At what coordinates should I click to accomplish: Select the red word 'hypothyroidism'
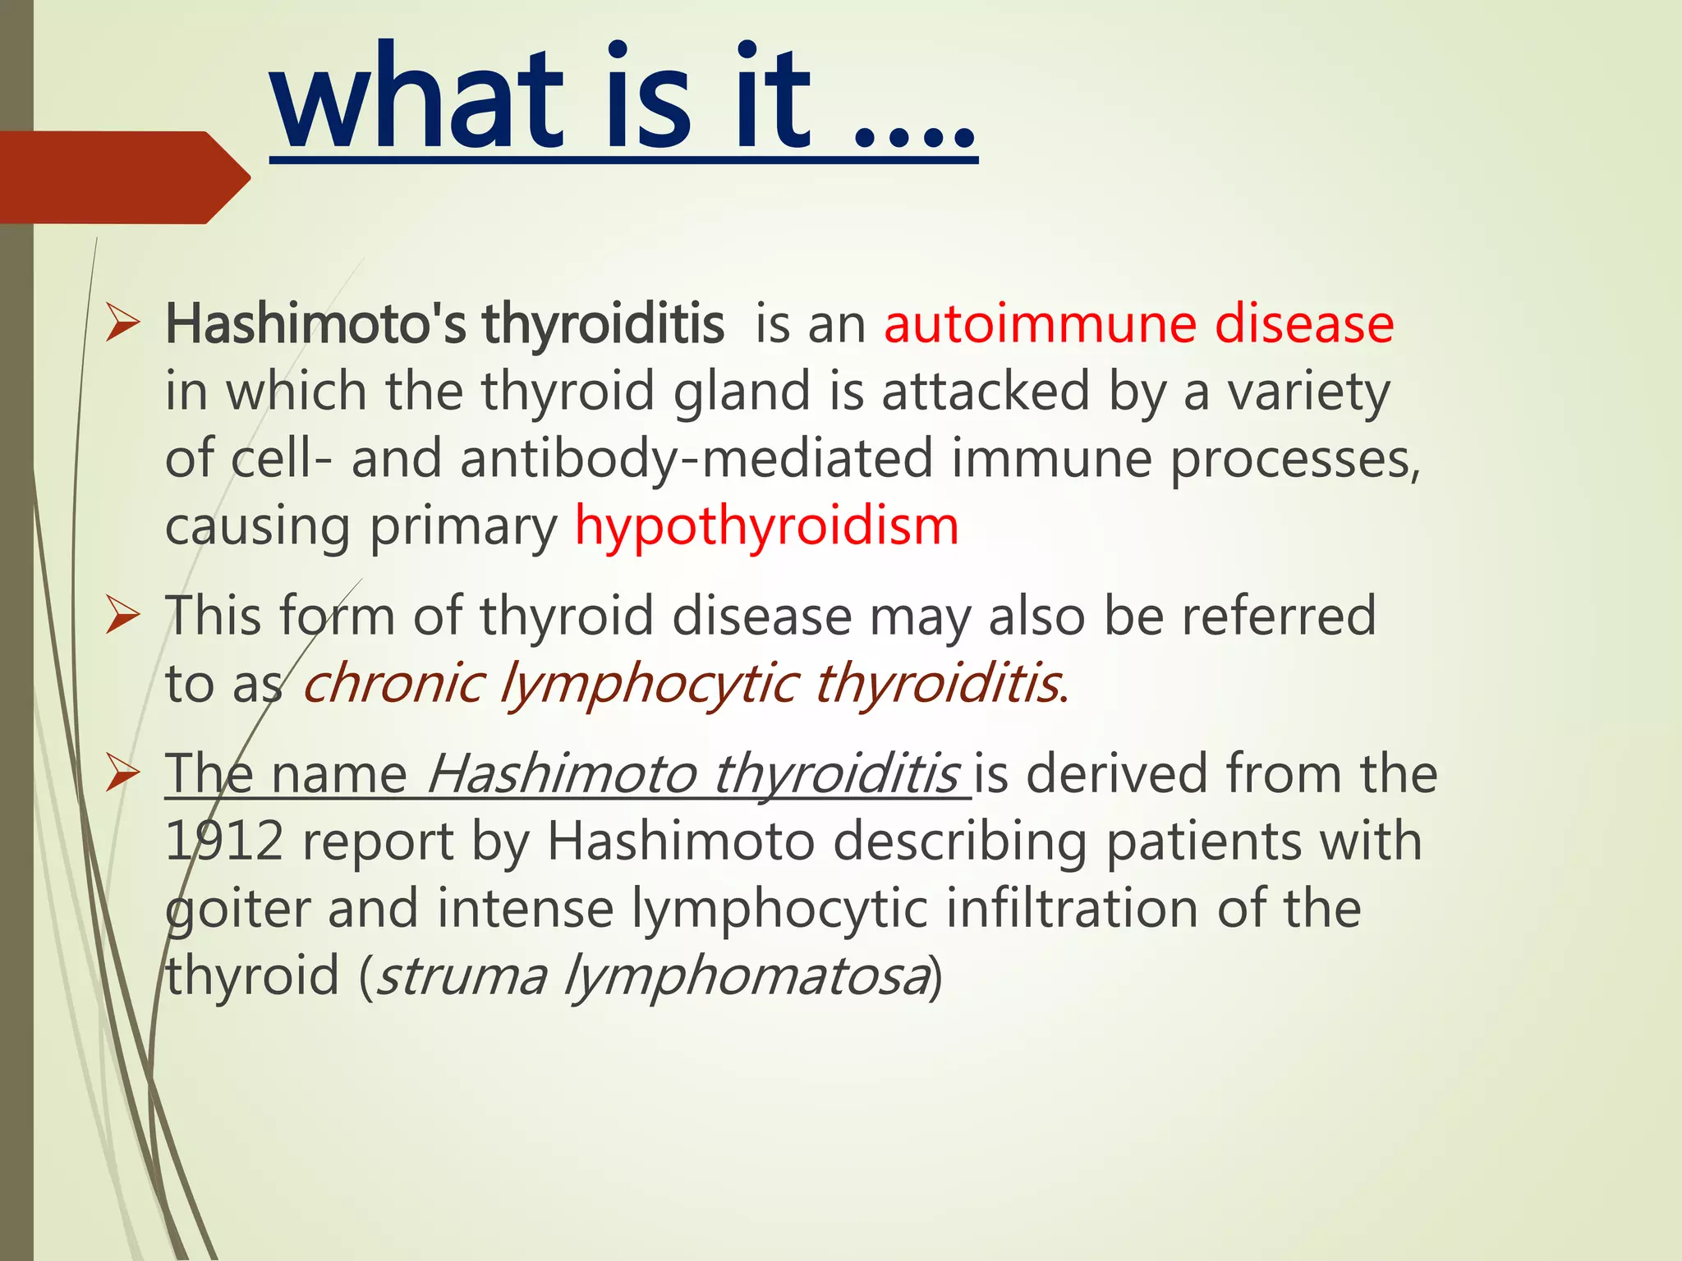[x=766, y=525]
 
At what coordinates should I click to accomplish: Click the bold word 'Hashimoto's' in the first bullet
[x=315, y=323]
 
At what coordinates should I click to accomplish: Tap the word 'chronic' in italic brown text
[x=393, y=683]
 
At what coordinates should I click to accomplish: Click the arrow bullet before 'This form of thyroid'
[x=123, y=617]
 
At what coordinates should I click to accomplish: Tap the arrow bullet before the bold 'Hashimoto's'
[x=123, y=325]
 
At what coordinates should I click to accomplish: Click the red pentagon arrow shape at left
[x=119, y=177]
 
